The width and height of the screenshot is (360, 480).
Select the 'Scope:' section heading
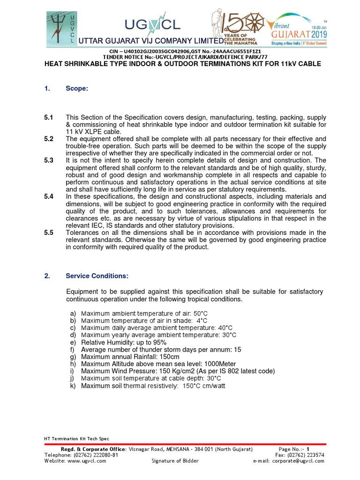coord(77,89)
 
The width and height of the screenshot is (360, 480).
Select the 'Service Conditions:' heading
coord(97,276)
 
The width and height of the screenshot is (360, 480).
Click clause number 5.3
coord(49,160)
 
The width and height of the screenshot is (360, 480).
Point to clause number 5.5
coord(49,232)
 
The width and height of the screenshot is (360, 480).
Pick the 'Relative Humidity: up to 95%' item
coord(124,343)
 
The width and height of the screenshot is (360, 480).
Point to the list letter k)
coord(73,386)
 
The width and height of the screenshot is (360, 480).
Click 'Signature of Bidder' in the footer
coord(175,461)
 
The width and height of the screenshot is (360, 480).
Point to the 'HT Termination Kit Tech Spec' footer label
coord(76,439)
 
